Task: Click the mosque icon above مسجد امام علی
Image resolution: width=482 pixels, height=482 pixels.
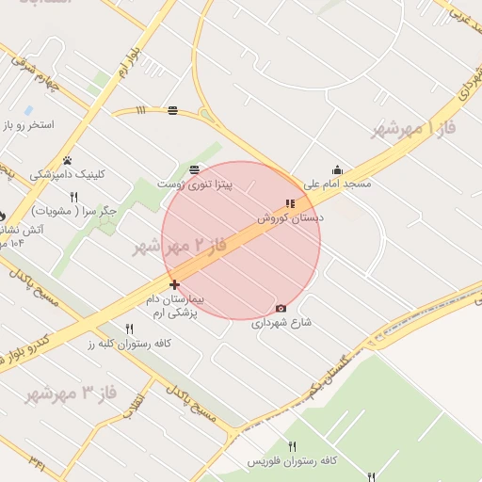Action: [x=338, y=170]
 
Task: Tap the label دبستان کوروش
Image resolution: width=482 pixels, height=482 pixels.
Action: [x=291, y=217]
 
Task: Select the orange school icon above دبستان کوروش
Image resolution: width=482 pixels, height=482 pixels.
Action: [x=290, y=203]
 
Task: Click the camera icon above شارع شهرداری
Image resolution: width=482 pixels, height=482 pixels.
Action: [x=281, y=308]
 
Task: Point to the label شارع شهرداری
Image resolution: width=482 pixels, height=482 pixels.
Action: [x=281, y=322]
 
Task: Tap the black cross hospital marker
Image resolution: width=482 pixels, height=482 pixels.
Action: [x=174, y=284]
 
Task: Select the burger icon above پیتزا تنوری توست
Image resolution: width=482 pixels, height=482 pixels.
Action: [x=194, y=169]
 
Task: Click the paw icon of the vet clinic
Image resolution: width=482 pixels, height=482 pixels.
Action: [x=68, y=160]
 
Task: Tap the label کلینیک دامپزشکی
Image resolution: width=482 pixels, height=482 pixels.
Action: [x=68, y=174]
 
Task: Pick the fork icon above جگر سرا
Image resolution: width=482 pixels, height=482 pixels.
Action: [x=73, y=197]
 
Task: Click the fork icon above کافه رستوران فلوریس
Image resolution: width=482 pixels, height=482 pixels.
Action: [x=292, y=446]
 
